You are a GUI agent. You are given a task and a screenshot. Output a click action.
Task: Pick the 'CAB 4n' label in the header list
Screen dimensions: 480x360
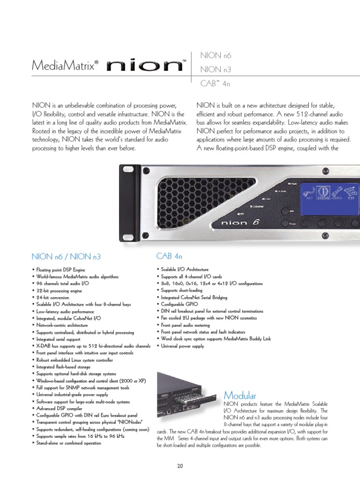(x=216, y=82)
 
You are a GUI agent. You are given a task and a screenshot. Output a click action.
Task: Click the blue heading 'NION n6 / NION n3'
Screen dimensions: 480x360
(x=66, y=257)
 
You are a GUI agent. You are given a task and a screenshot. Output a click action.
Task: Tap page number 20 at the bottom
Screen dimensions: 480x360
(x=180, y=465)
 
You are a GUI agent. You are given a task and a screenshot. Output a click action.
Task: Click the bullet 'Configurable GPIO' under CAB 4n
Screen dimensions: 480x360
(x=176, y=304)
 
